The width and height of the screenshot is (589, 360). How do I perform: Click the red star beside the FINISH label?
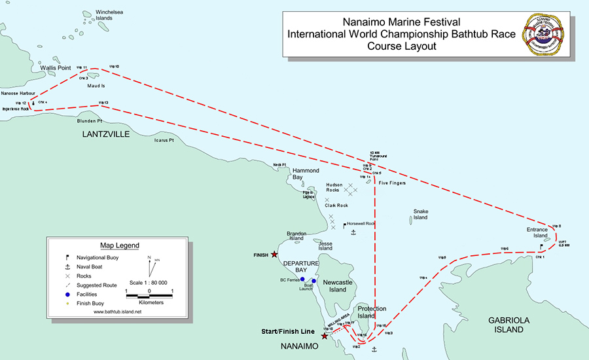275,255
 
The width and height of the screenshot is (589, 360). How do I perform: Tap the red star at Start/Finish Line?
324,336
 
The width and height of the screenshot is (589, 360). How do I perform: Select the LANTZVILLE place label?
107,134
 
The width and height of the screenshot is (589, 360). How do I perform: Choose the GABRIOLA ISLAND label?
506,325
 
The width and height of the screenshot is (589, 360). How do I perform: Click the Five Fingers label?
393,183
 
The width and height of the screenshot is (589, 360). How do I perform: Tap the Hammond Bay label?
306,174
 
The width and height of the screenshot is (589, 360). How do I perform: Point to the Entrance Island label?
537,233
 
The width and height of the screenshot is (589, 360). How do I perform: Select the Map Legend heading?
119,245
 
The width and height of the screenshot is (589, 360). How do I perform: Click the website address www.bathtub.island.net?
118,312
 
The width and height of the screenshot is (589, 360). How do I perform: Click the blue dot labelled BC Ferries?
302,279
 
